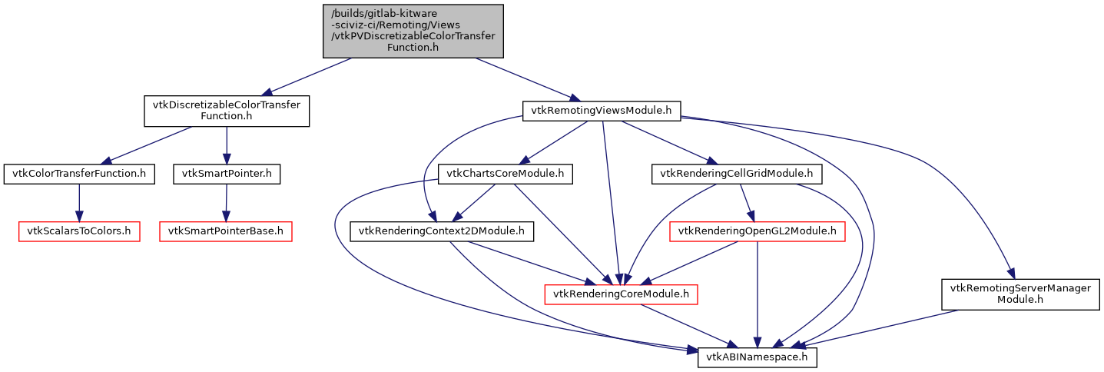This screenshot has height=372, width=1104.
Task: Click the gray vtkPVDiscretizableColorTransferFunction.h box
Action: [x=413, y=31]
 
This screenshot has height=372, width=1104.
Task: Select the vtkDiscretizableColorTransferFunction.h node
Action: [x=227, y=111]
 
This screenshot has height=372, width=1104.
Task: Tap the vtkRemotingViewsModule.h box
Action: [x=602, y=111]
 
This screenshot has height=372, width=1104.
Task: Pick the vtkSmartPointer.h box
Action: [x=226, y=174]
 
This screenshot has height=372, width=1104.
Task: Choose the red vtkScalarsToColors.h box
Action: [x=79, y=231]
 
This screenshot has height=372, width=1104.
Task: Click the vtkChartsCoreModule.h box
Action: [x=501, y=174]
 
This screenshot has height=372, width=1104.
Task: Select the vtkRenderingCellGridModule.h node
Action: [x=737, y=174]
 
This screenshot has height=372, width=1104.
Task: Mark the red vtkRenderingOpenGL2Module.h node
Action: [x=758, y=231]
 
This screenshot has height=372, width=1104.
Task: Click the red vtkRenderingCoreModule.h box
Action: [x=621, y=294]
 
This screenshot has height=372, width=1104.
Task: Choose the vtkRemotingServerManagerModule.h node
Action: [x=1020, y=294]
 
